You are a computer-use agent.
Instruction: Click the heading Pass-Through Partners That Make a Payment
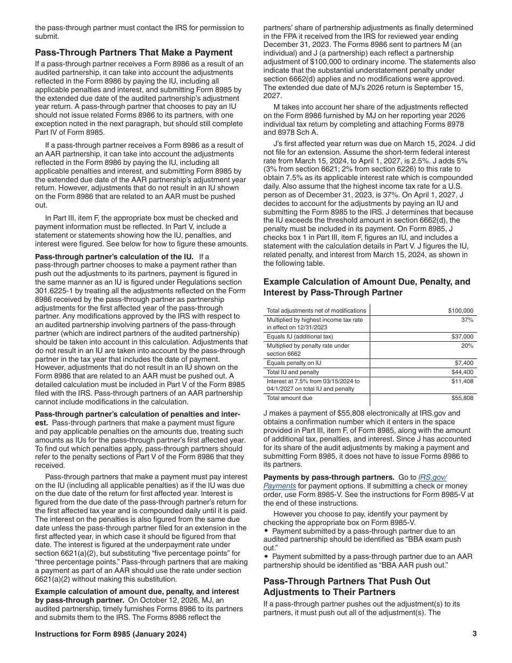pyautogui.click(x=134, y=52)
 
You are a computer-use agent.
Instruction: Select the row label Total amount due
pyautogui.click(x=289, y=398)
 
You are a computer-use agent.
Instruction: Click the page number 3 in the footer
pyautogui.click(x=474, y=634)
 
